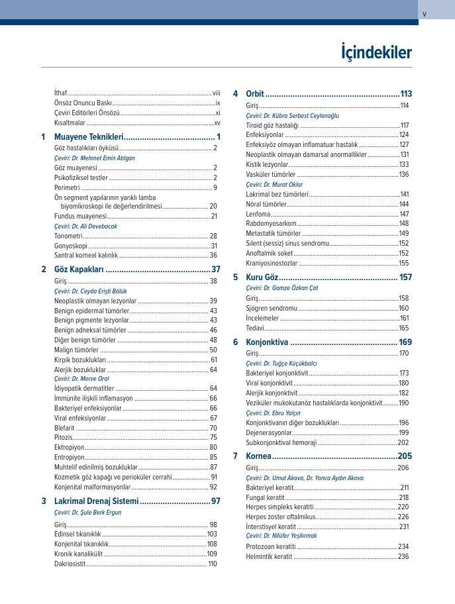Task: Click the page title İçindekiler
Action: pos(376,52)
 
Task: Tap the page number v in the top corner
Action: pos(425,14)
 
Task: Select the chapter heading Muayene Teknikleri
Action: pos(89,136)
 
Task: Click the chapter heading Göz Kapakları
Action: pos(79,270)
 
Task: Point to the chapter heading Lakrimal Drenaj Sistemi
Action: pos(96,501)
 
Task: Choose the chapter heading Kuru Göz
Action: pos(262,277)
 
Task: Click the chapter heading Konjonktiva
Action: pos(267,342)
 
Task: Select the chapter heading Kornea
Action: pos(258,456)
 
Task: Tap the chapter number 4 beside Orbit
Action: pos(235,93)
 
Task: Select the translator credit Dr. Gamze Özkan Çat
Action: pos(281,288)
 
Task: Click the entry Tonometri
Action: pos(68,236)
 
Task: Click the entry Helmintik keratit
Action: pos(269,557)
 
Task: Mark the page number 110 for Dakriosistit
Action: pos(212,564)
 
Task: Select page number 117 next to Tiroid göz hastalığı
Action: pos(404,125)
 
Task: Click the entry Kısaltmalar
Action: pos(70,123)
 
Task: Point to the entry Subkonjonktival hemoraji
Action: pos(281,442)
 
